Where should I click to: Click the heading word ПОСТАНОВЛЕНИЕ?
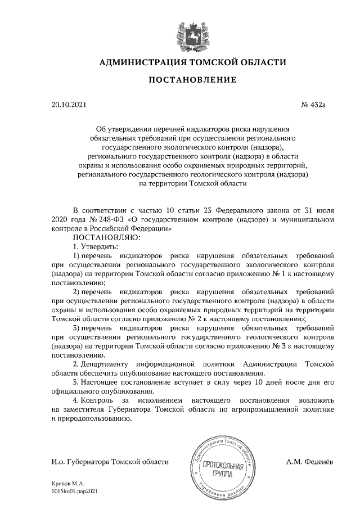click(x=192, y=80)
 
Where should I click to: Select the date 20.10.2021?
click(x=68, y=105)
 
